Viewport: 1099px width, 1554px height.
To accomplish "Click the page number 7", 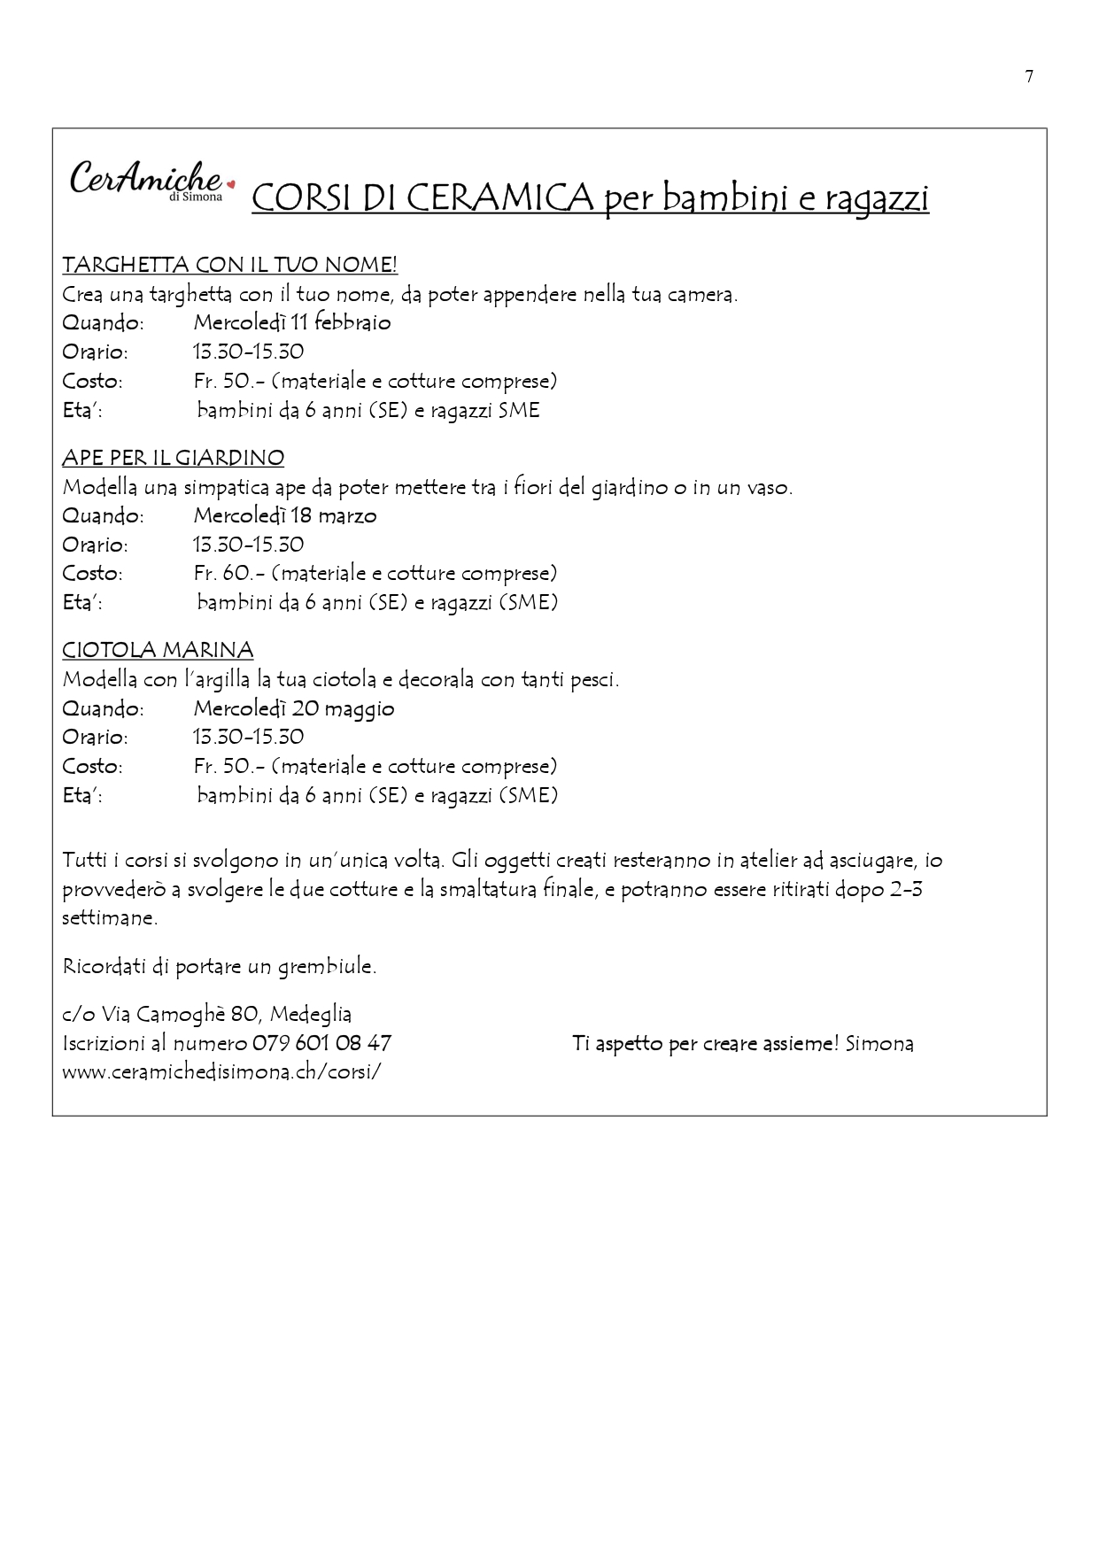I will [1029, 77].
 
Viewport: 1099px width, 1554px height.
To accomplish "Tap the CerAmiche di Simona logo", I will [147, 181].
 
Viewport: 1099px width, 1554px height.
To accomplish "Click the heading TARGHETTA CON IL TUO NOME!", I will [229, 265].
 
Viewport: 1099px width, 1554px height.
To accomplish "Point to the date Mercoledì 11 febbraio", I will [291, 322].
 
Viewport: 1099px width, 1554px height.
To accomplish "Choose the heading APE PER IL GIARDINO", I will [173, 458].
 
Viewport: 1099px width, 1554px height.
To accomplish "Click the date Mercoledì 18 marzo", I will [284, 515].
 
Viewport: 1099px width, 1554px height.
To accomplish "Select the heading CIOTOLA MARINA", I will [158, 650].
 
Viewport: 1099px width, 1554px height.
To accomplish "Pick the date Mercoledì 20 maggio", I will [293, 708].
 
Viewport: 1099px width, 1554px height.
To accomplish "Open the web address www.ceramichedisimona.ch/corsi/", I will [221, 1071].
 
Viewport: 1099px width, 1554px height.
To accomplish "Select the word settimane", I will [109, 917].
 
